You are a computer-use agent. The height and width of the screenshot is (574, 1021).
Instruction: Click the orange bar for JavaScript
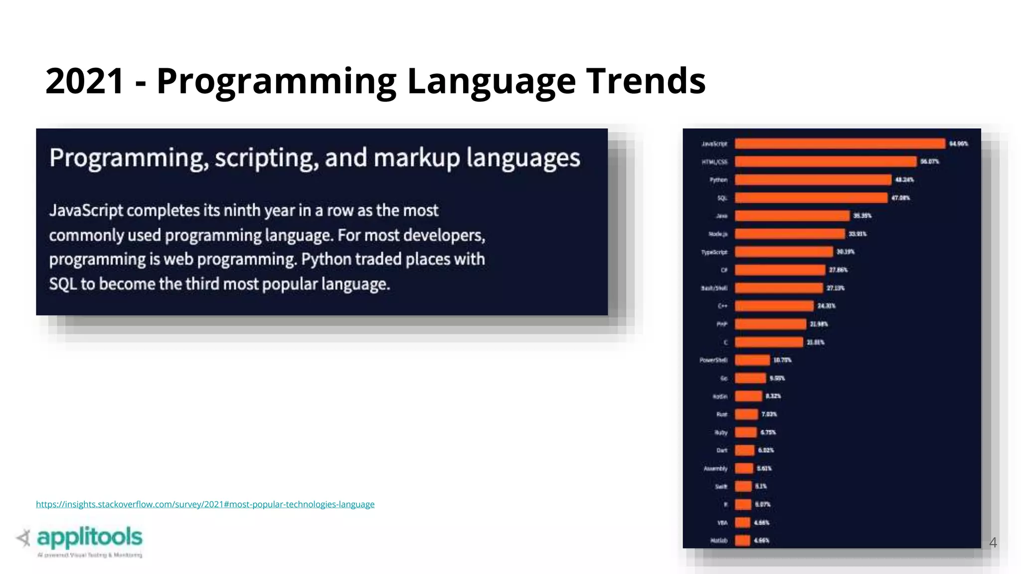(x=840, y=143)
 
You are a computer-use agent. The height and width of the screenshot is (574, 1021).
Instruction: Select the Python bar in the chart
(x=813, y=180)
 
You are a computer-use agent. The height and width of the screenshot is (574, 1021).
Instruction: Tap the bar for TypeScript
(x=784, y=252)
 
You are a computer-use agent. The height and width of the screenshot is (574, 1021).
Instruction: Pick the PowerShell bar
(x=752, y=360)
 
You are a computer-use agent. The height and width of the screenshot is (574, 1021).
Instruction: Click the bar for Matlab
(x=742, y=541)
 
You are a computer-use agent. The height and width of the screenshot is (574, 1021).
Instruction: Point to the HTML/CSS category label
(x=714, y=162)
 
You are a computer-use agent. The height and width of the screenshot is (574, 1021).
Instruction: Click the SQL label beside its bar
(x=722, y=198)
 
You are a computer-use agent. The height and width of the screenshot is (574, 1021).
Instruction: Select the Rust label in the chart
(x=721, y=415)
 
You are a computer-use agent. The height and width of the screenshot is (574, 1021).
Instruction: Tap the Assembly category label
(x=715, y=468)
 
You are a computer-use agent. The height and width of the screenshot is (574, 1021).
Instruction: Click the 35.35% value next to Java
(x=862, y=216)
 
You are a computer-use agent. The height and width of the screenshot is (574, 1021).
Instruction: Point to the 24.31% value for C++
(x=826, y=306)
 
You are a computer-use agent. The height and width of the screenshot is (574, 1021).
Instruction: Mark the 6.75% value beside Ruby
(x=768, y=432)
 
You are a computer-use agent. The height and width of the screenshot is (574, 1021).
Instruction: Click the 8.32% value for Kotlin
(x=773, y=396)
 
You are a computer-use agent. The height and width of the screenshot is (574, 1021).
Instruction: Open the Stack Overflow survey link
(x=205, y=504)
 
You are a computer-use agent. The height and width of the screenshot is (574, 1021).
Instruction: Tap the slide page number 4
(x=993, y=543)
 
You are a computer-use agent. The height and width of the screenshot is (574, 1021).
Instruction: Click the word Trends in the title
(x=646, y=81)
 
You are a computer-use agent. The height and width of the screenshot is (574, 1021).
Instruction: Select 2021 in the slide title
(x=84, y=81)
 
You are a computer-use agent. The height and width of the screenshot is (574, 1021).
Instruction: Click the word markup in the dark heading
(x=416, y=158)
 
